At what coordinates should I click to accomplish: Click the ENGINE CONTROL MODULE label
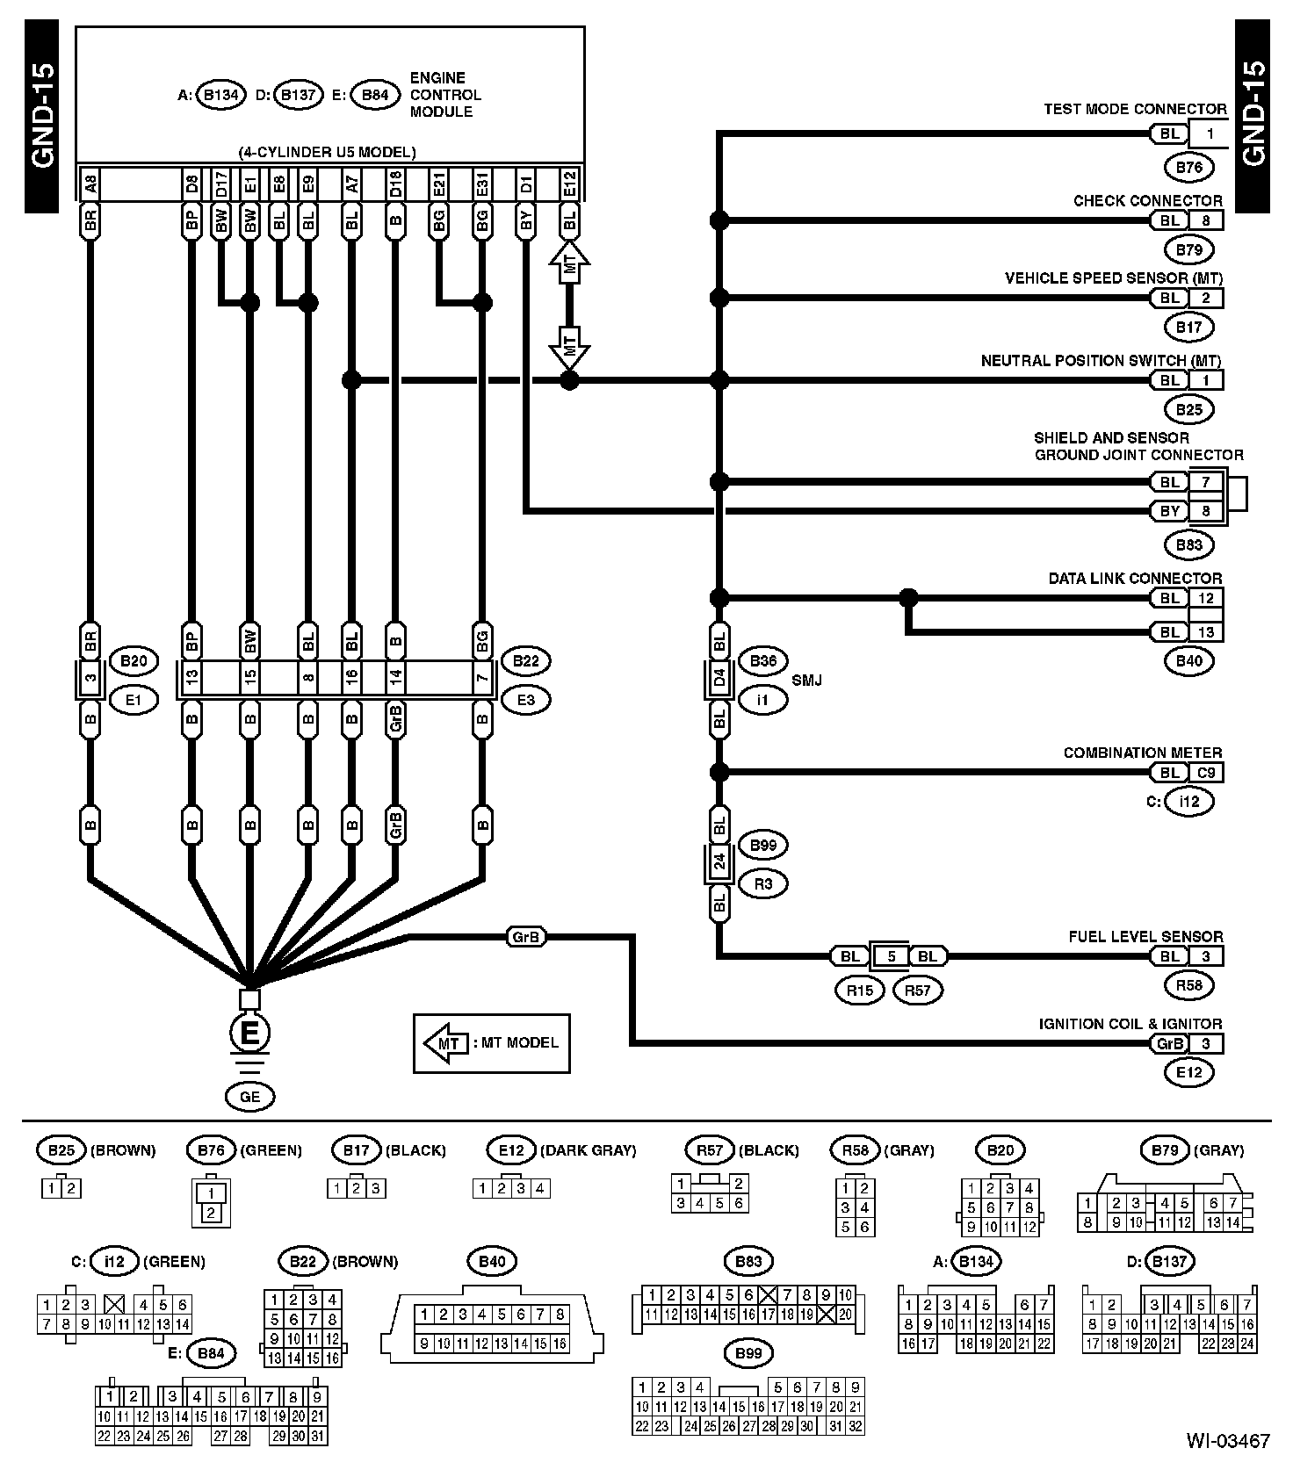coord(445,95)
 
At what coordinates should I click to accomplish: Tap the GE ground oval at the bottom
coord(249,1097)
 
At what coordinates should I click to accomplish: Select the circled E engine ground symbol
coord(249,1033)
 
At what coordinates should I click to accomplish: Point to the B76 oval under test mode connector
coord(1188,167)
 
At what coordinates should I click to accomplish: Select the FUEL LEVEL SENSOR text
coord(1145,936)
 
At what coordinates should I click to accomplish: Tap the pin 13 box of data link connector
coord(1206,632)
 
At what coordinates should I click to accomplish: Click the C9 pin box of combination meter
coord(1206,773)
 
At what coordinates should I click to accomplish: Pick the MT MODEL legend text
coord(516,1042)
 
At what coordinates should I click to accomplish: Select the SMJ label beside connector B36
coord(806,681)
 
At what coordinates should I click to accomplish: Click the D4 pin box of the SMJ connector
coord(719,680)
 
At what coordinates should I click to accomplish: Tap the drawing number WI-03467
coord(1228,1441)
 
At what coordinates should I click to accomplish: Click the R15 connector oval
coord(859,990)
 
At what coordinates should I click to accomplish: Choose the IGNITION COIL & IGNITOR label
coord(1130,1024)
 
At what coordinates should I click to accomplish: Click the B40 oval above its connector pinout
coord(492,1262)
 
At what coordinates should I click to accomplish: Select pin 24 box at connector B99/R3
coord(719,862)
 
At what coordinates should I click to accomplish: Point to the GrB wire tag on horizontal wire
coord(525,937)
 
